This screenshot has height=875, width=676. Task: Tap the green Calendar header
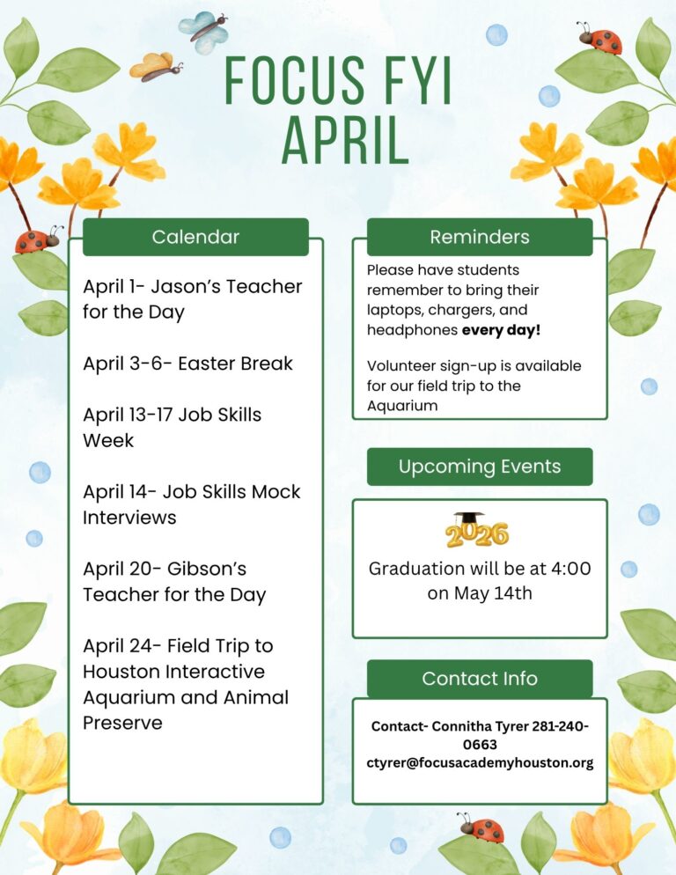[x=195, y=237]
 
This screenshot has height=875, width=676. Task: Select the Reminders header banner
[x=480, y=237]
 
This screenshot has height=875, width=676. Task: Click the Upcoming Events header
[x=480, y=467]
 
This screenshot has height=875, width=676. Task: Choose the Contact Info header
[x=480, y=679]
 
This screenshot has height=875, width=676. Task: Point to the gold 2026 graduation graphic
[x=476, y=531]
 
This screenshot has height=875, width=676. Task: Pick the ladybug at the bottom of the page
[x=481, y=827]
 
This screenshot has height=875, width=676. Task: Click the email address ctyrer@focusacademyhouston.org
[x=480, y=763]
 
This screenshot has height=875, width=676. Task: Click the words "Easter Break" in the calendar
[x=235, y=364]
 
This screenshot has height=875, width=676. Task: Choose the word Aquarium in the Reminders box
[x=402, y=406]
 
